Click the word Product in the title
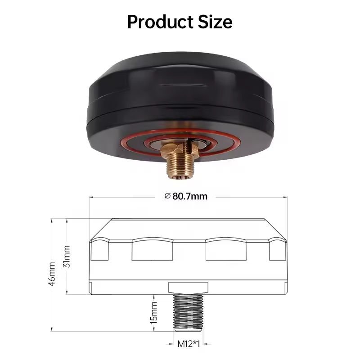158,21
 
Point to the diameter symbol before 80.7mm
167,196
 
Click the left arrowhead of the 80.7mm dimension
91,196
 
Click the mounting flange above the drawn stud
188,288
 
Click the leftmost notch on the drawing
99,251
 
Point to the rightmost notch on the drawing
277,251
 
